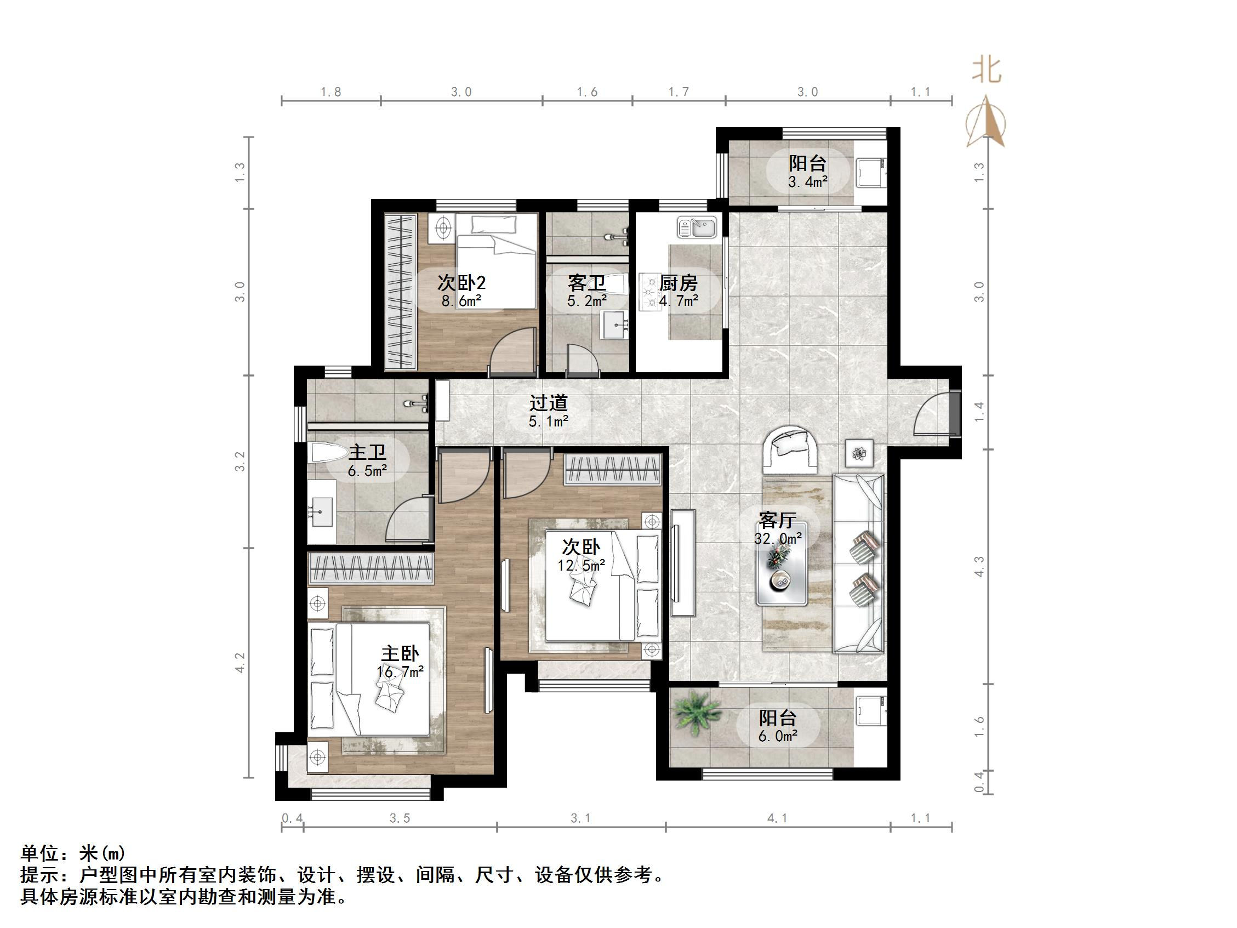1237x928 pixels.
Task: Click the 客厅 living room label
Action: pyautogui.click(x=777, y=520)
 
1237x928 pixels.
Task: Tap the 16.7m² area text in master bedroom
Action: pyautogui.click(x=400, y=672)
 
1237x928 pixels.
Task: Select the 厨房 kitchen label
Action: pyautogui.click(x=679, y=283)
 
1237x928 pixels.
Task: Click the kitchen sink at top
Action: pyautogui.click(x=697, y=227)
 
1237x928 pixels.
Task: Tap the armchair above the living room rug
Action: pyautogui.click(x=791, y=448)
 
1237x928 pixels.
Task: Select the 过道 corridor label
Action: pyautogui.click(x=548, y=403)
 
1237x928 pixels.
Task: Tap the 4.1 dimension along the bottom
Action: pyautogui.click(x=777, y=818)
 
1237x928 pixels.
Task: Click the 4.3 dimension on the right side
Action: pyautogui.click(x=979, y=566)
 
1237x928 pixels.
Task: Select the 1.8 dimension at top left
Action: pyautogui.click(x=330, y=92)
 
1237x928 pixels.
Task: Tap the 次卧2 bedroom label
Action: pyautogui.click(x=461, y=282)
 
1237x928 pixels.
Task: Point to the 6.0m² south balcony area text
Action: pyautogui.click(x=777, y=736)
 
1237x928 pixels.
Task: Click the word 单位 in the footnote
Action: pyautogui.click(x=39, y=853)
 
